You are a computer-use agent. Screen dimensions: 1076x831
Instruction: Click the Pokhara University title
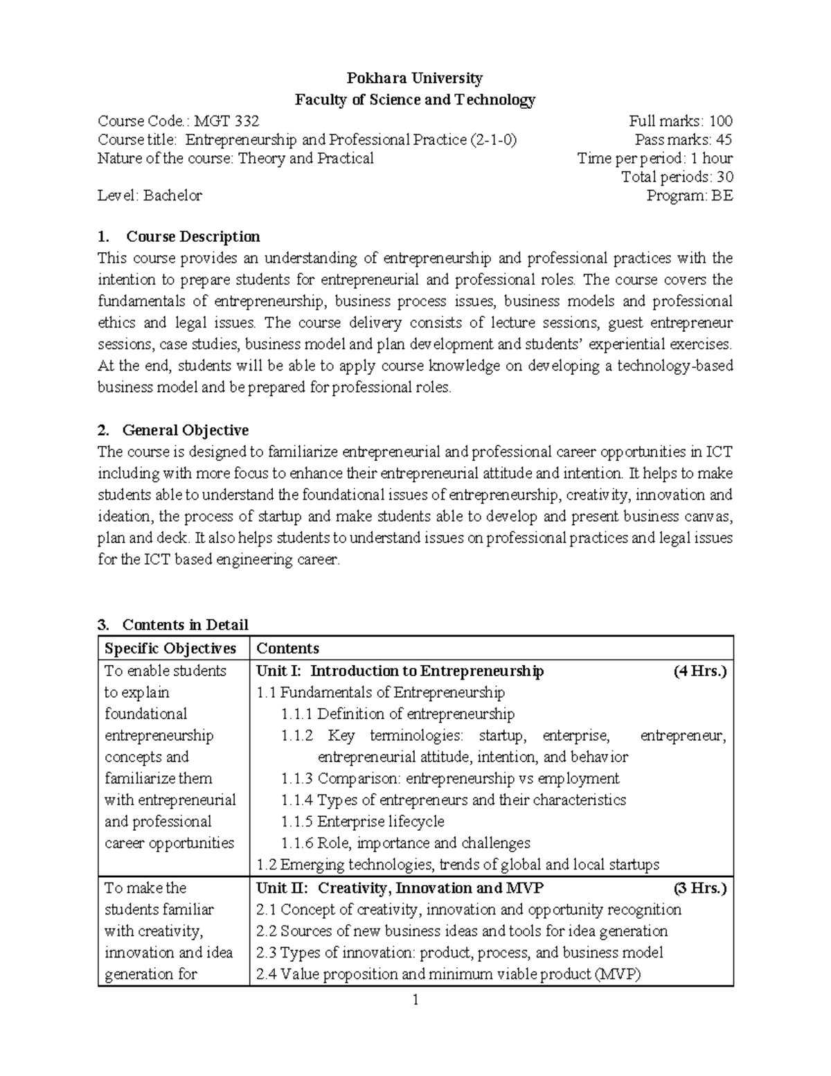pos(415,78)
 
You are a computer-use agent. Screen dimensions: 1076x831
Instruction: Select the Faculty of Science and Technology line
pos(415,100)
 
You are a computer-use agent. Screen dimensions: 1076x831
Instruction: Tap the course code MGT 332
pos(226,121)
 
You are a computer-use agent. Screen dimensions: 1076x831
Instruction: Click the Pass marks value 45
pos(724,140)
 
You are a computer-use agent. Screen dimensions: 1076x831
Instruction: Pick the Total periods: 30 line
pos(677,177)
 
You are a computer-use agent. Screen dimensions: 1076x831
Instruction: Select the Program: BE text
pos(689,196)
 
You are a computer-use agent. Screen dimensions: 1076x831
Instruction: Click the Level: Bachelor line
pos(150,196)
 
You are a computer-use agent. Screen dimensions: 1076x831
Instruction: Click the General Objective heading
pos(185,430)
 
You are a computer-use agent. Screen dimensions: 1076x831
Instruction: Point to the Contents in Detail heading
pos(185,625)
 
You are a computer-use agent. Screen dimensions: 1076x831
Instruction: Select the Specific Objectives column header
pos(170,649)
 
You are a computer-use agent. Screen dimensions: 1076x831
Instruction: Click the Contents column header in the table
pos(287,649)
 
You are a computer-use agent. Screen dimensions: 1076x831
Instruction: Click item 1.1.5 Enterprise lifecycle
pos(363,822)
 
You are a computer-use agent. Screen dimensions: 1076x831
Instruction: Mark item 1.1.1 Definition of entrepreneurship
pos(397,714)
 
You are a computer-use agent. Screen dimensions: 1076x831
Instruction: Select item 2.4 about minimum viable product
pos(449,974)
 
